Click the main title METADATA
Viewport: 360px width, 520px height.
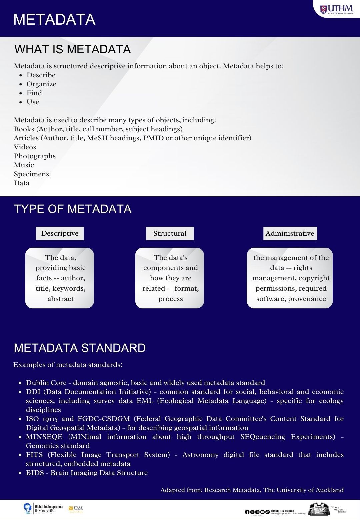point(54,19)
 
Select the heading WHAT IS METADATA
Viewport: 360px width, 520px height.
point(73,49)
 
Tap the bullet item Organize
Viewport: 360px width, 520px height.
point(41,84)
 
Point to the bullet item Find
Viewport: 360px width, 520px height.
point(34,93)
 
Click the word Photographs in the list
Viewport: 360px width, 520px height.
point(35,156)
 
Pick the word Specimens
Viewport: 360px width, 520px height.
point(31,174)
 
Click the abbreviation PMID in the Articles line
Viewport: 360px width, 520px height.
point(153,138)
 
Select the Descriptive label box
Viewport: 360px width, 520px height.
point(60,233)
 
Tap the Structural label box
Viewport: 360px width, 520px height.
point(170,233)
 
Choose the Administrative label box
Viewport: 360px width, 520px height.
point(290,233)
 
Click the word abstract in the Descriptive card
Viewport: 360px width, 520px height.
point(60,299)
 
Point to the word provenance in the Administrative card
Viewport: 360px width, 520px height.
point(307,299)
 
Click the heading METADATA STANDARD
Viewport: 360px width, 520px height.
point(80,348)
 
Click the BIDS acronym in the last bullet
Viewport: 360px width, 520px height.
point(35,473)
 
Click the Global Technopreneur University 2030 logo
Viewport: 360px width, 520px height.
point(44,508)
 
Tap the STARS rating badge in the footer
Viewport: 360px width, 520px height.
point(76,509)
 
